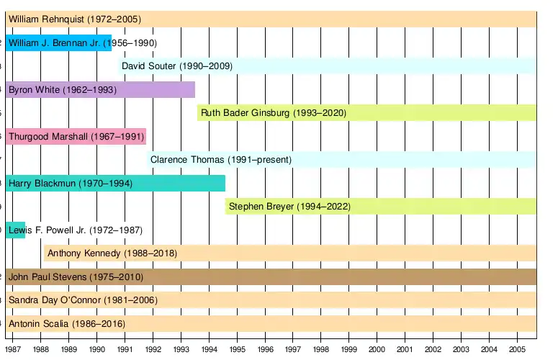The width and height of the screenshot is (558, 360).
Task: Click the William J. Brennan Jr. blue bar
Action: click(58, 43)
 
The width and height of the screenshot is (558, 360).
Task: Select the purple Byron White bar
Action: click(100, 90)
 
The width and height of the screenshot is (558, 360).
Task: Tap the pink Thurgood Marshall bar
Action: click(76, 137)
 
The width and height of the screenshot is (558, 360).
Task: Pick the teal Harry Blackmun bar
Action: click(115, 184)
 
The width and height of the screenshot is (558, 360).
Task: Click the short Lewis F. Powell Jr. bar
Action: click(15, 230)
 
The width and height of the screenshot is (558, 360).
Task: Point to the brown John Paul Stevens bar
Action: click(271, 276)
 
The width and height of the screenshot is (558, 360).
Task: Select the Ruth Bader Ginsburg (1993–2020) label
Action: click(274, 113)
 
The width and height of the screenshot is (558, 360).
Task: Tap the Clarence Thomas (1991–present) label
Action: click(221, 160)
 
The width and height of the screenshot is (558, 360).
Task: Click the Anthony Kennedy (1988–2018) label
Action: click(112, 253)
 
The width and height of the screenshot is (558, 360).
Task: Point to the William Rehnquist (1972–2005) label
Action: click(75, 19)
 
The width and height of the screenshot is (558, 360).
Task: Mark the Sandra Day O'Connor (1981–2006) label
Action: click(83, 300)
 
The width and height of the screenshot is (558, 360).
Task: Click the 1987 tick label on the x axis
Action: click(13, 349)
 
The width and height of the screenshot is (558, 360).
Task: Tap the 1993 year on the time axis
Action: click(181, 349)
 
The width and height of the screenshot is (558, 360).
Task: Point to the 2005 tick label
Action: click(517, 349)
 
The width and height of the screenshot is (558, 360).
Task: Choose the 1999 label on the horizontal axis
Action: click(349, 349)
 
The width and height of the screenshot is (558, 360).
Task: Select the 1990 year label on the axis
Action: click(97, 349)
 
